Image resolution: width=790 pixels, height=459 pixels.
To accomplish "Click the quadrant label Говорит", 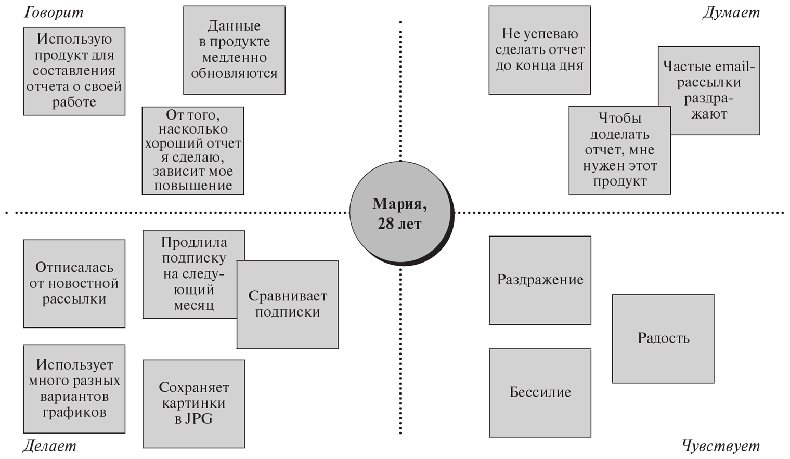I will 53,12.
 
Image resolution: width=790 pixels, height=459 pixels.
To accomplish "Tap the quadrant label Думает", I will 731,12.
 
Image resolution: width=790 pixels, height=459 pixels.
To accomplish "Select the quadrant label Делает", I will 49,445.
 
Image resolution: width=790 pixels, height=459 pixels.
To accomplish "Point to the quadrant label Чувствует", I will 720,445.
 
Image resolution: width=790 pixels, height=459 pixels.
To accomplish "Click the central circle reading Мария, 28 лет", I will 400,213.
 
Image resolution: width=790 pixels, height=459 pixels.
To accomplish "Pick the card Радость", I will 663,338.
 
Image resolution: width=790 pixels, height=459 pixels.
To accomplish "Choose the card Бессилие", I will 540,392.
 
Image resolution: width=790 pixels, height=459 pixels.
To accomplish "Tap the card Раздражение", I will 540,280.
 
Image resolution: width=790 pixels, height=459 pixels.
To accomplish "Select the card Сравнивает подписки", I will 287,304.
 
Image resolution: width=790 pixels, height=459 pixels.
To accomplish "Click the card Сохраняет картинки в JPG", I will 193,403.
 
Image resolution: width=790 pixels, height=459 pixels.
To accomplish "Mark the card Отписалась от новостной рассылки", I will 74,283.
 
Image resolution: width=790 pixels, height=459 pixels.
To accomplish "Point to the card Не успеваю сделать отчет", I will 539,50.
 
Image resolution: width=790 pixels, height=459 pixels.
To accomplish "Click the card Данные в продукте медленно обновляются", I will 234,50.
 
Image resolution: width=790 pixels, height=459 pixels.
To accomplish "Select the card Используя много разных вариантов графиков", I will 74,388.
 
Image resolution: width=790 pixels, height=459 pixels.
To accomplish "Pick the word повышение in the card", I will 193,186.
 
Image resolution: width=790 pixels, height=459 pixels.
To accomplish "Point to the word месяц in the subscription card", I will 193,306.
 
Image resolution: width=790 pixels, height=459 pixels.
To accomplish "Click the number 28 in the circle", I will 385,224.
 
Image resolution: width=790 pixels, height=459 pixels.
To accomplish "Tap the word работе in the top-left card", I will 74,102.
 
